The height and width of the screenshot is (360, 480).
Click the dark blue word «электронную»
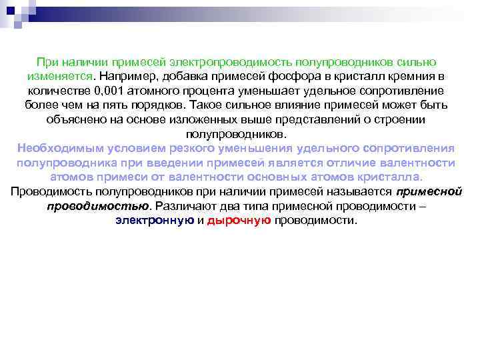click(154, 221)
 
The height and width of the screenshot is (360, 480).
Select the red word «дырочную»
click(239, 221)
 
